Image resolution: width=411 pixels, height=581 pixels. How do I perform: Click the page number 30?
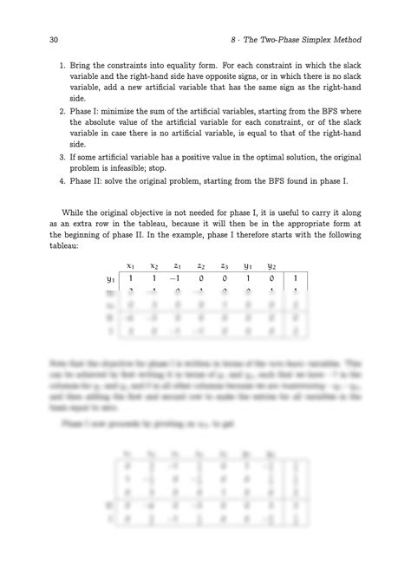[x=45, y=40]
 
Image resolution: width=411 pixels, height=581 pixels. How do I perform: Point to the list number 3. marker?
[x=62, y=147]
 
